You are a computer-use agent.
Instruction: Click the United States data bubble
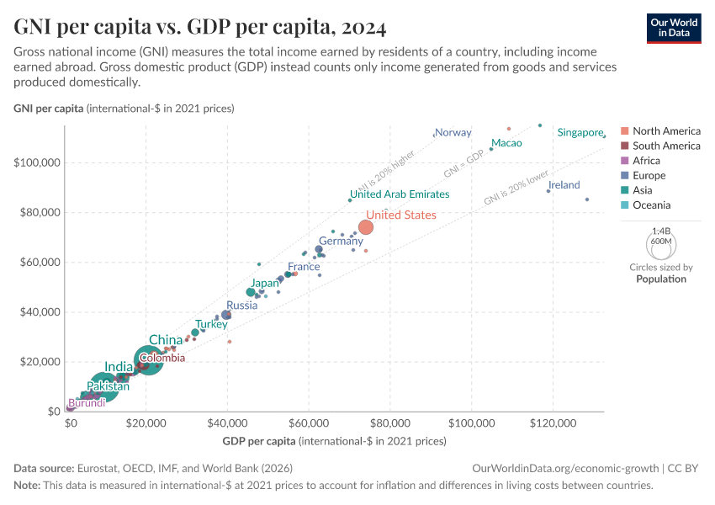366,227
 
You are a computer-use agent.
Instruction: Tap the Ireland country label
564,185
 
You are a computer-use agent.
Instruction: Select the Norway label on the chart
453,133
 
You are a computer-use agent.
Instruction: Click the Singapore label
580,133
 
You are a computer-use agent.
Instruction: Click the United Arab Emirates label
400,194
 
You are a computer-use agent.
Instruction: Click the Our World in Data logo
674,27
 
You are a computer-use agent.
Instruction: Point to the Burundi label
87,403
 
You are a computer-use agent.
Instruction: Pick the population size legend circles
661,244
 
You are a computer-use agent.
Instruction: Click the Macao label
506,143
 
